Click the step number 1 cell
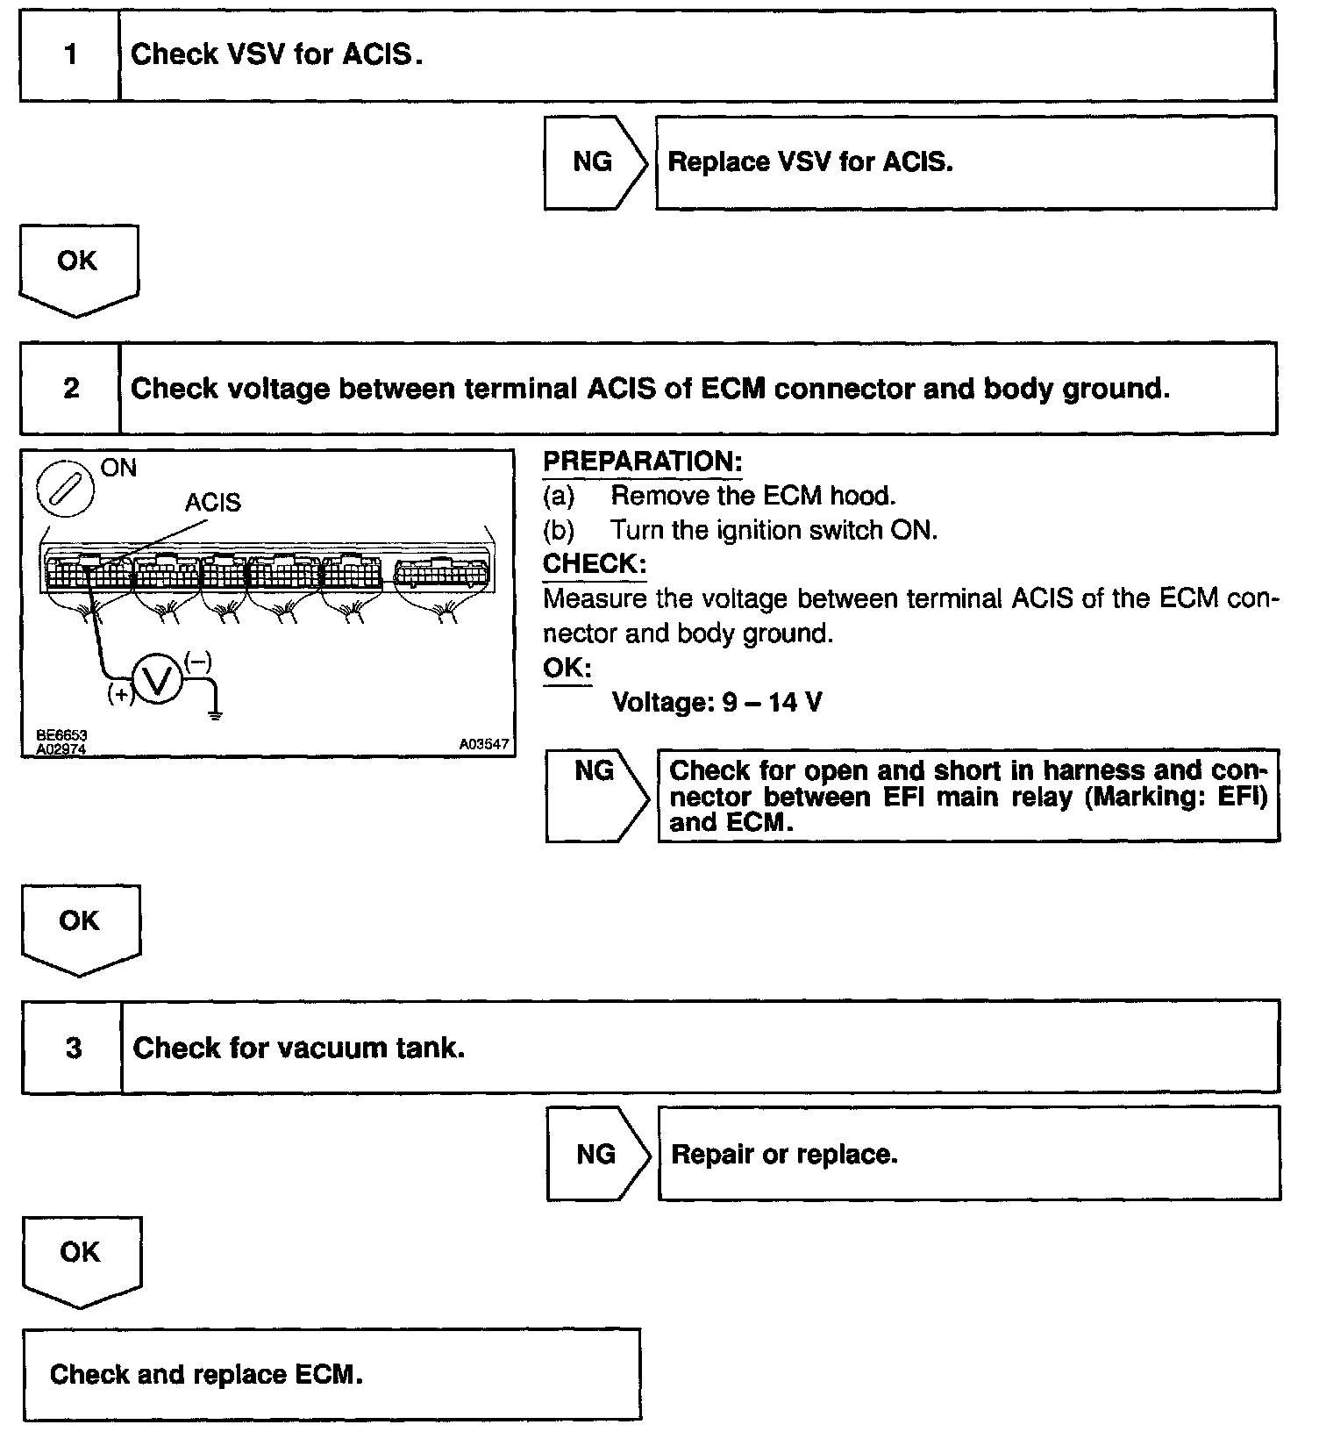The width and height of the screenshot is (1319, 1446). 70,55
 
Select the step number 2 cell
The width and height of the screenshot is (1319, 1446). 71,389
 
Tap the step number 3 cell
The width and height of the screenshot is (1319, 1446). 74,1048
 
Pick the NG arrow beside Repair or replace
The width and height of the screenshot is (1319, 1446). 598,1155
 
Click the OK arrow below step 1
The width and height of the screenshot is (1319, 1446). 78,268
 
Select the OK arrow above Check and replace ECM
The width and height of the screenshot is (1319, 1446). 81,1259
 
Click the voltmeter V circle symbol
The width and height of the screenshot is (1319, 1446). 157,682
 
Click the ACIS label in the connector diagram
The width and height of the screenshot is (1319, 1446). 212,503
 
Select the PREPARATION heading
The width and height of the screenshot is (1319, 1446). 643,462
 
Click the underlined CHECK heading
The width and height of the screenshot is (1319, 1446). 595,564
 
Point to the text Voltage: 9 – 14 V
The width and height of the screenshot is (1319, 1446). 717,703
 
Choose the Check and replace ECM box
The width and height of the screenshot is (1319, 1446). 332,1374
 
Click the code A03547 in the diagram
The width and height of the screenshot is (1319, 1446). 483,744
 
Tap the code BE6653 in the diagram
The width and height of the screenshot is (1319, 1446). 61,735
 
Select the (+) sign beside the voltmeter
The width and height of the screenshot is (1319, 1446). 119,695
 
